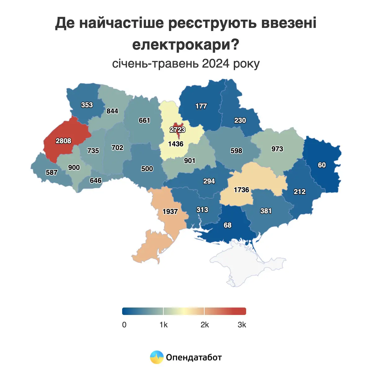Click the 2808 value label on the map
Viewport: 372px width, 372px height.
63,141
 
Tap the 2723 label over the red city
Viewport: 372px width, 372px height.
177,130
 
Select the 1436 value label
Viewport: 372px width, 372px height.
176,144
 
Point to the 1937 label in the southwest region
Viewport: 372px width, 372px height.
170,212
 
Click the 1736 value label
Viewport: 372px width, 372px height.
241,190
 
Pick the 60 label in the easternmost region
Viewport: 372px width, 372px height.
322,165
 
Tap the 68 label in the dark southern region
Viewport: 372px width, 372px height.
228,225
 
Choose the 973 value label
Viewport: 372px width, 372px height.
277,149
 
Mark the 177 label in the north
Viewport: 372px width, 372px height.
201,106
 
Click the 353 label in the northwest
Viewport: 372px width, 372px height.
87,105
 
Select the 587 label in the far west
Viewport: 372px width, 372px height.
51,173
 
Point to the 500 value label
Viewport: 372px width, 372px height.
147,169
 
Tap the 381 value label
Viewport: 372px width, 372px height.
266,211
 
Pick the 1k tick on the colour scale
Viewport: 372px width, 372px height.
163,325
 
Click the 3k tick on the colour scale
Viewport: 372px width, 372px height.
242,325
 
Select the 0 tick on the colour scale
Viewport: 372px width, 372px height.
124,325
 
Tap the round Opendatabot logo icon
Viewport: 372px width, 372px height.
157,357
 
